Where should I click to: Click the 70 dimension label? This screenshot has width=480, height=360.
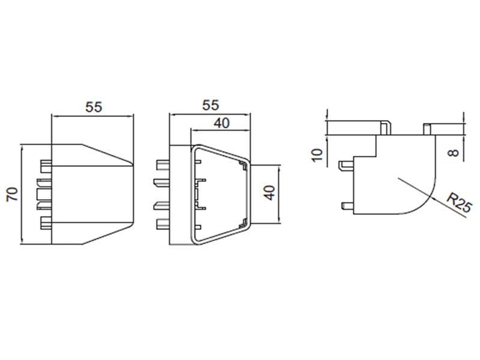tap(13, 194)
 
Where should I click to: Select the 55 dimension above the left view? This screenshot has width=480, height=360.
tap(94, 107)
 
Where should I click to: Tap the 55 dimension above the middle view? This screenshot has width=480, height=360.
tap(211, 106)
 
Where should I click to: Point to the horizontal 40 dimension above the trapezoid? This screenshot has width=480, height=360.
tap(221, 123)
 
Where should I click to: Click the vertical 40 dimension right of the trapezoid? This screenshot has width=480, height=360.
tap(269, 193)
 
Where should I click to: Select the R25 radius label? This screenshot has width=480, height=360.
tap(459, 202)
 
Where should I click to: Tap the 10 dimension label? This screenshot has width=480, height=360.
tap(317, 155)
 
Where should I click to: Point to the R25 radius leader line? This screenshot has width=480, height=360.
tap(432, 198)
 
